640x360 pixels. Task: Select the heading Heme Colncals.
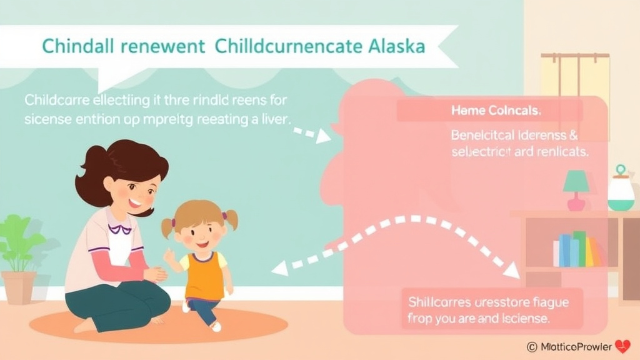(496, 111)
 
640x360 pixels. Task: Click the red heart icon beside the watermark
(622, 346)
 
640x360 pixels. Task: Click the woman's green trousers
(119, 306)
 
